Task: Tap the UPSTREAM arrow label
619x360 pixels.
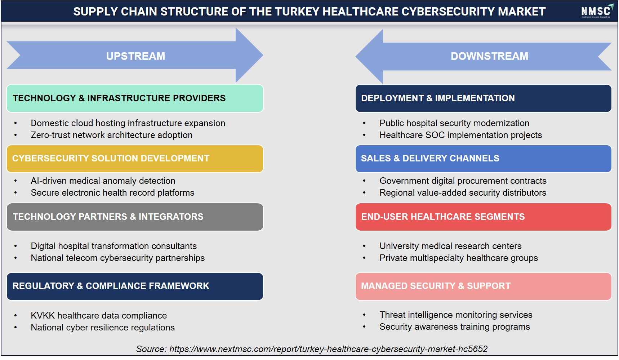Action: (x=135, y=56)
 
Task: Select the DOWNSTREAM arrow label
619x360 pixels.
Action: (x=489, y=56)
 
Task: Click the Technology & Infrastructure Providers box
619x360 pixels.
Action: (x=135, y=98)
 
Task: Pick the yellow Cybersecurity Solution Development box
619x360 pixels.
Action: (x=135, y=159)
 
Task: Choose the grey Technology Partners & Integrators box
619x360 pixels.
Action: (x=135, y=217)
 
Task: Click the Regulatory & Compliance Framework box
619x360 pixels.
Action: (x=135, y=286)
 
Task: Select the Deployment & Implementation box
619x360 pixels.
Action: (x=483, y=98)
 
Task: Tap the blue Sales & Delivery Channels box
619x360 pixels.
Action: (x=483, y=159)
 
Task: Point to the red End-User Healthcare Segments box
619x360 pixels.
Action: (x=483, y=217)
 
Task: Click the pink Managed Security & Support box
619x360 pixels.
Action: (x=483, y=286)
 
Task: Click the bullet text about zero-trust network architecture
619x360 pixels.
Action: (x=112, y=135)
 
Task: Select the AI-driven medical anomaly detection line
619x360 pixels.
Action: (x=103, y=181)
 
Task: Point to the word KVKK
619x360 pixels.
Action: (x=43, y=316)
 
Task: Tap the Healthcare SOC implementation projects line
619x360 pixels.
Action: (x=460, y=135)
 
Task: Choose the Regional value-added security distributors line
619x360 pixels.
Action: (x=463, y=193)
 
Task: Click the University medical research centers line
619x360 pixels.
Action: (x=450, y=246)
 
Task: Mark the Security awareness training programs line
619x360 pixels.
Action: (x=455, y=327)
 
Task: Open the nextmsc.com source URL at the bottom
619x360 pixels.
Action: (x=328, y=349)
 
